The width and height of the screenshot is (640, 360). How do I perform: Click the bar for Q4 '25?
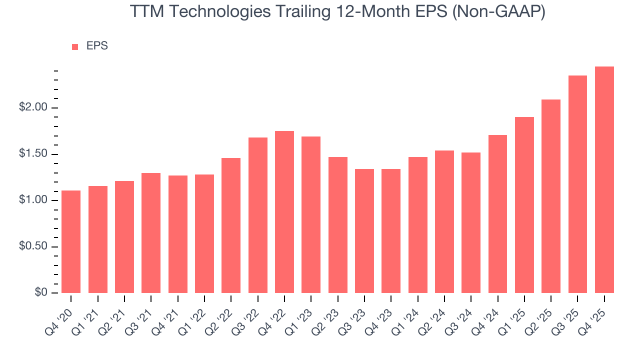604,180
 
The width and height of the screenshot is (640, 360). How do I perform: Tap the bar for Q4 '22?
284,212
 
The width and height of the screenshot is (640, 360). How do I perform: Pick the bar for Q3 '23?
364,231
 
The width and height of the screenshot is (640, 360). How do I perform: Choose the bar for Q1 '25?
524,205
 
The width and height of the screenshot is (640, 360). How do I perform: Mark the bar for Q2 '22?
231,225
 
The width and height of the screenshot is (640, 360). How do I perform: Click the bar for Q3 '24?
471,222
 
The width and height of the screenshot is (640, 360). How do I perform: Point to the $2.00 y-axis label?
33,108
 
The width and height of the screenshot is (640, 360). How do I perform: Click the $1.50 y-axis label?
33,154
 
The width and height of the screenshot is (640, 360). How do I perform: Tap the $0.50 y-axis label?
33,246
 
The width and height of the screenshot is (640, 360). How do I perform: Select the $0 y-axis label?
41,293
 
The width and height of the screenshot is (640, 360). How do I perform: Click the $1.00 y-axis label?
33,200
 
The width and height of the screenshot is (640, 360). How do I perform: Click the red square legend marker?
75,46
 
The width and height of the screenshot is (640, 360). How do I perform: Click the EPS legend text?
97,46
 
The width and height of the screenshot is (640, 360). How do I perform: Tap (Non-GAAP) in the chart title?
498,12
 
